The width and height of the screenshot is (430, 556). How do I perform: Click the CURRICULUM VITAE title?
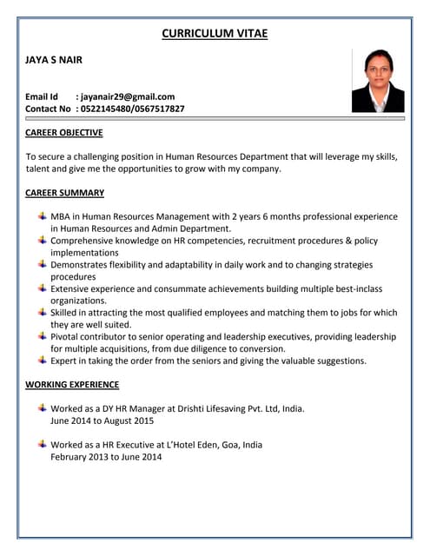pos(215,34)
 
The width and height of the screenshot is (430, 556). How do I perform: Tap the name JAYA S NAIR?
pos(54,61)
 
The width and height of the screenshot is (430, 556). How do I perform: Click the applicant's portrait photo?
pos(377,81)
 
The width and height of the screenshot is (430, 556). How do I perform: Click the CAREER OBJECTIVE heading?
pos(64,133)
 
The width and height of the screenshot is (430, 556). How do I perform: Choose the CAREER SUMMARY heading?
pos(64,193)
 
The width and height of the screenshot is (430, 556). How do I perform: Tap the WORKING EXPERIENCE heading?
pos(72,384)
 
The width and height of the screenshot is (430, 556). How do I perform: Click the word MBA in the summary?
pos(61,216)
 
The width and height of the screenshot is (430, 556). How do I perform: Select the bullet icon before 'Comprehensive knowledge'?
pos(43,240)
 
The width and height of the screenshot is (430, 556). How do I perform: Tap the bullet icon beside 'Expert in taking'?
pos(43,360)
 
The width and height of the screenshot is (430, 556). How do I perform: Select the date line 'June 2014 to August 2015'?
pos(102,420)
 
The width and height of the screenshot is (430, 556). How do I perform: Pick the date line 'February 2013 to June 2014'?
pos(106,456)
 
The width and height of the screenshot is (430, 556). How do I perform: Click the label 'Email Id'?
pos(42,96)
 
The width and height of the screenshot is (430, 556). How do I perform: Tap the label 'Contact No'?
pos(48,109)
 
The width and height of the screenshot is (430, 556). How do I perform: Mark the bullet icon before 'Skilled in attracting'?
pos(43,312)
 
